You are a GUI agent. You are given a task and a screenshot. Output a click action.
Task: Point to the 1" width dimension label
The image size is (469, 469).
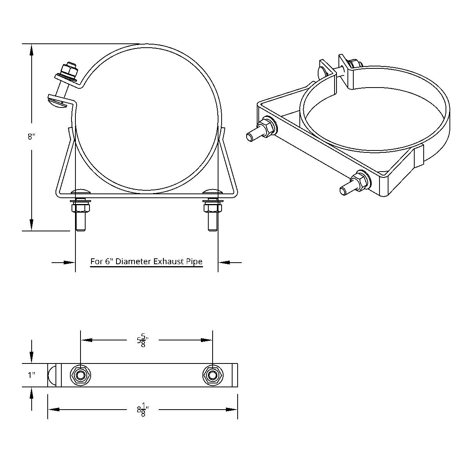click(x=32, y=375)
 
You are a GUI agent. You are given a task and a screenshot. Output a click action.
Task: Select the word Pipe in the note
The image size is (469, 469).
click(x=194, y=261)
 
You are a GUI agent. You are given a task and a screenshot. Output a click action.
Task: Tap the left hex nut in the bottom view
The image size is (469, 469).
click(x=81, y=376)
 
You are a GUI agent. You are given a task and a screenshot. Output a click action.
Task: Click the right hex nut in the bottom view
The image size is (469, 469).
click(x=212, y=376)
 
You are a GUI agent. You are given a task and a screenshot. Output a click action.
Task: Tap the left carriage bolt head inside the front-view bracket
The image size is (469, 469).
click(x=81, y=191)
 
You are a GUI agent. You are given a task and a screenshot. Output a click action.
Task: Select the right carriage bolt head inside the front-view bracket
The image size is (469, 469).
click(x=212, y=191)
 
